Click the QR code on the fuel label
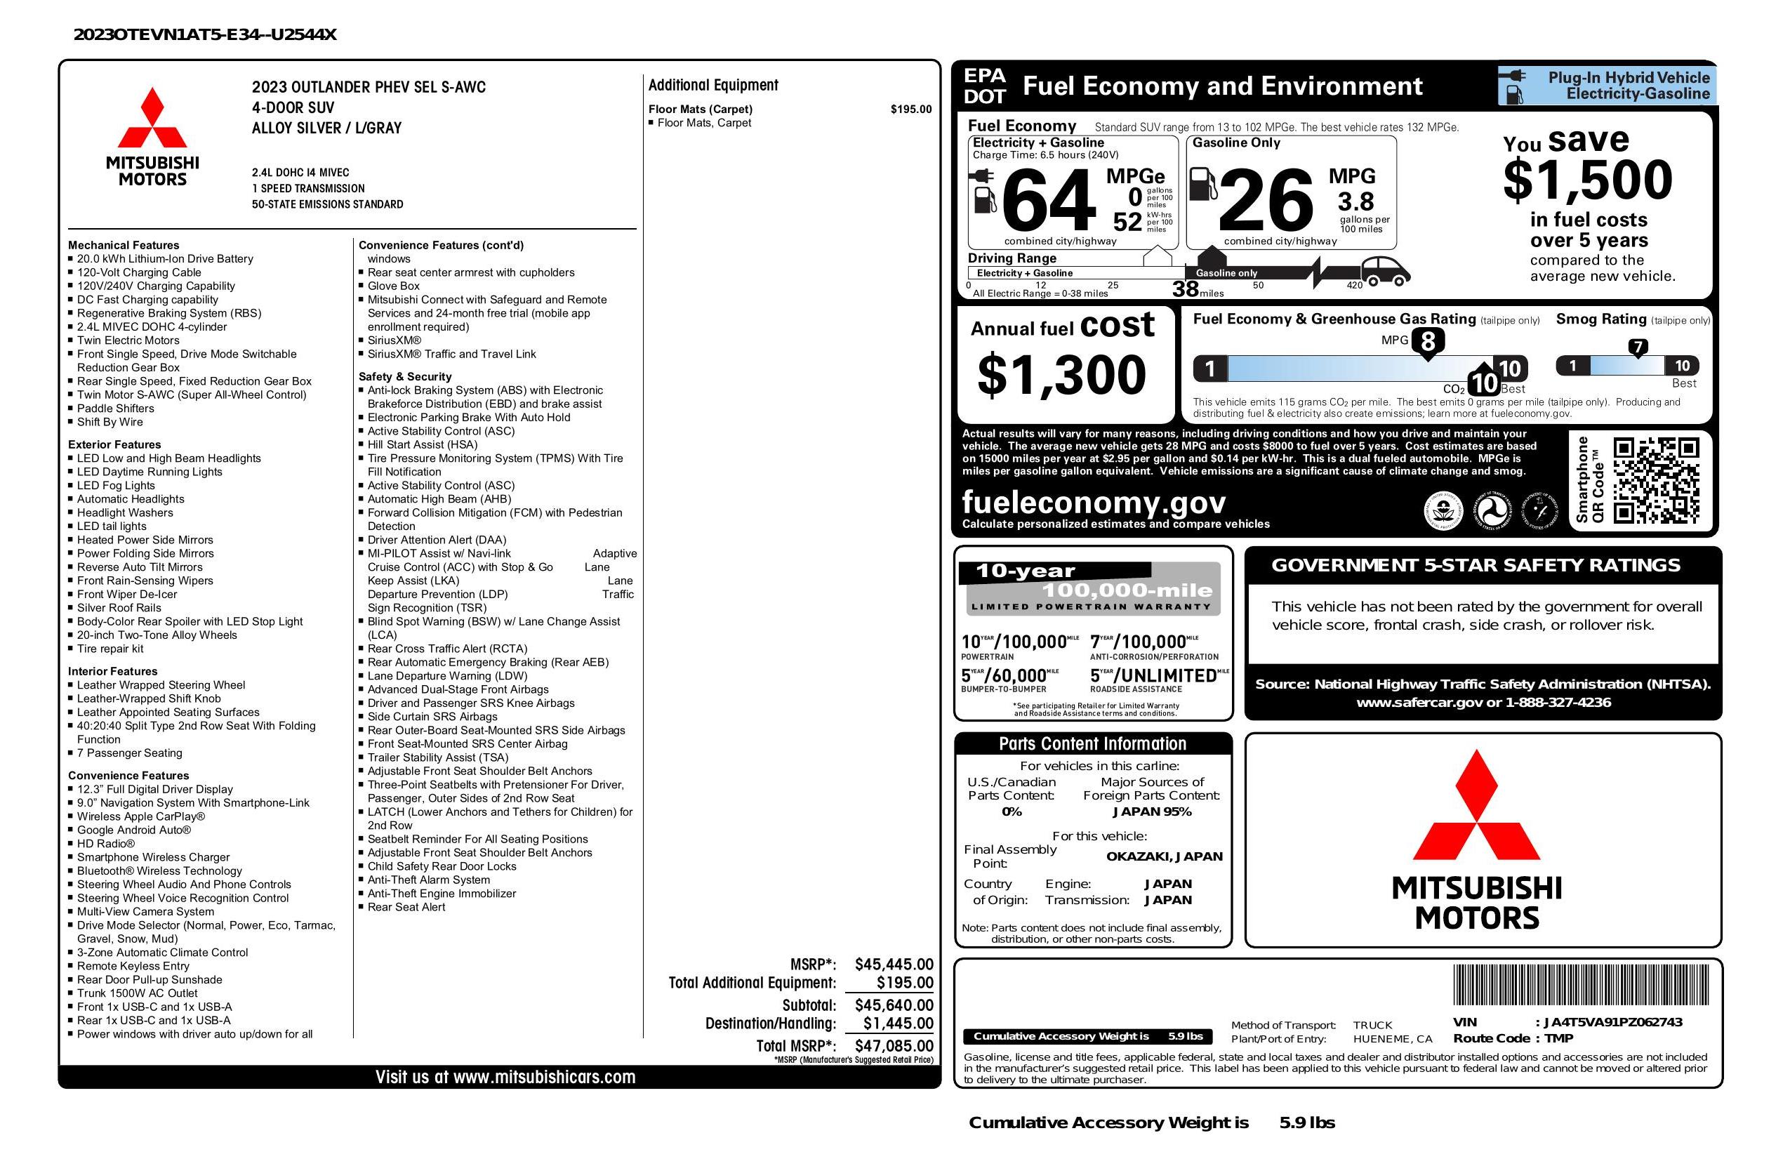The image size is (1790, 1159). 1655,480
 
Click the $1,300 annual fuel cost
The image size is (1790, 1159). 1061,375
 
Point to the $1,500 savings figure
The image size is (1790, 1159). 1588,180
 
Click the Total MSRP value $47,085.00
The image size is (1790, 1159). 894,1045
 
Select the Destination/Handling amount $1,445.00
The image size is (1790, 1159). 898,1023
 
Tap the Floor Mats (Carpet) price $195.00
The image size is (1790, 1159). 911,109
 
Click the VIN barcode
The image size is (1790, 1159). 1581,986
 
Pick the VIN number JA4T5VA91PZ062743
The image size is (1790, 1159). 1612,1022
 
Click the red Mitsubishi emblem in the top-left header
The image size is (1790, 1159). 153,118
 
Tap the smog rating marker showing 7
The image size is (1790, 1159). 1637,347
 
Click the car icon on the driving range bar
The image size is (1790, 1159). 1386,272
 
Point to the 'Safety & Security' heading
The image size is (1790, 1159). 404,376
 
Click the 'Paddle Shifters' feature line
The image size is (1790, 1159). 115,409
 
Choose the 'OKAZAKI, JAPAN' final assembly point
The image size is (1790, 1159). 1164,856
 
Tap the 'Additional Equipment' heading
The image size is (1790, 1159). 713,85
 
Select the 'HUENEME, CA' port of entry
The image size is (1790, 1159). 1392,1039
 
